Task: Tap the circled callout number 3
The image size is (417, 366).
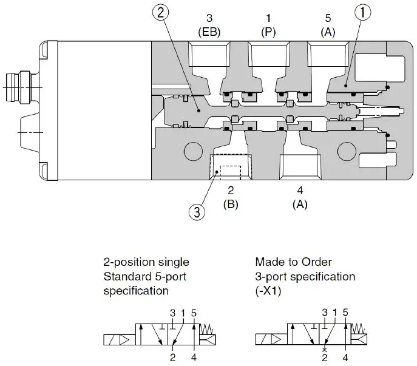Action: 196,212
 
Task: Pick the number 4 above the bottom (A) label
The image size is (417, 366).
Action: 299,191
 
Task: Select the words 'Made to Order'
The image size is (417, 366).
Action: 293,262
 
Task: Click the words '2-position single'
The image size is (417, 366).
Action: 146,262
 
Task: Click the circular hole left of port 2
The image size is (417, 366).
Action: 192,149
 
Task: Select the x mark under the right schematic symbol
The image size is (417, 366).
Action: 325,350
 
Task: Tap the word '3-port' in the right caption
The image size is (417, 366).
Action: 270,276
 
